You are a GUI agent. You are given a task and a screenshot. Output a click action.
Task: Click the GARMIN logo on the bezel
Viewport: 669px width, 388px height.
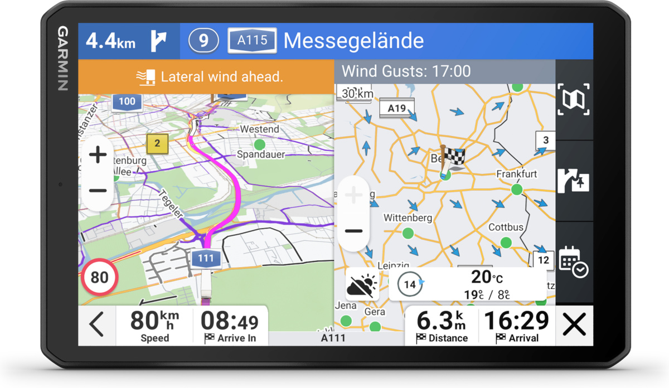coord(62,59)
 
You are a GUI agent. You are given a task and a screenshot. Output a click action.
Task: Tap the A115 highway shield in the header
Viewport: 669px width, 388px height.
coord(252,41)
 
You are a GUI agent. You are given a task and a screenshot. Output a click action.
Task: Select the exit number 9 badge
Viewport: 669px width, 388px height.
coord(203,41)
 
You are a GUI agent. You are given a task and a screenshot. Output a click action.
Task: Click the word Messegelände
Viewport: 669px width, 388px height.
coord(353,41)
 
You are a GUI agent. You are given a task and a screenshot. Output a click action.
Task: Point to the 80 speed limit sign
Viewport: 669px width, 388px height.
coord(99,277)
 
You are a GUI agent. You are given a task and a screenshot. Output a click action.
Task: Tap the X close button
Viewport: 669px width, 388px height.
coord(574,324)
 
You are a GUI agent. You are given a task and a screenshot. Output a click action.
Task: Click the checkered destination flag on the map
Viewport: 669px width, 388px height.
coord(452,159)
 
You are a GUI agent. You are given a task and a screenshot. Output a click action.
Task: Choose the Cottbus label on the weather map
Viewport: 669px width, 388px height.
coord(506,227)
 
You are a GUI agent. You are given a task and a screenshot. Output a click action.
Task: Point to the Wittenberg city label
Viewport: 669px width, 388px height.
coord(408,218)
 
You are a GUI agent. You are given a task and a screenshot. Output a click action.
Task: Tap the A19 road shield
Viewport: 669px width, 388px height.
coord(396,108)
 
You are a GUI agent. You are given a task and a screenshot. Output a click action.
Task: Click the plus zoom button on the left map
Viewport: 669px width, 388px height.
coord(98,155)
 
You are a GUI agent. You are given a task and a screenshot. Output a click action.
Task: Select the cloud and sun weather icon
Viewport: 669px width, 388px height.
coord(362,285)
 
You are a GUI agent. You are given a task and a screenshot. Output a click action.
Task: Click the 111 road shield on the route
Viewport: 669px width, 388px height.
coord(205,259)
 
